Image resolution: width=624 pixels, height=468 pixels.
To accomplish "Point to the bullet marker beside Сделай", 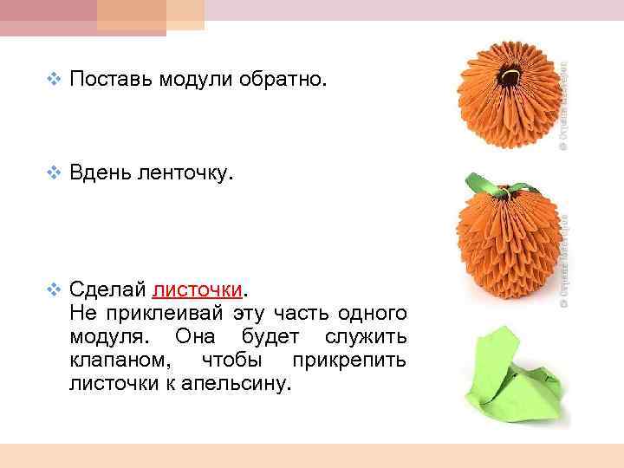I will [55, 287].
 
